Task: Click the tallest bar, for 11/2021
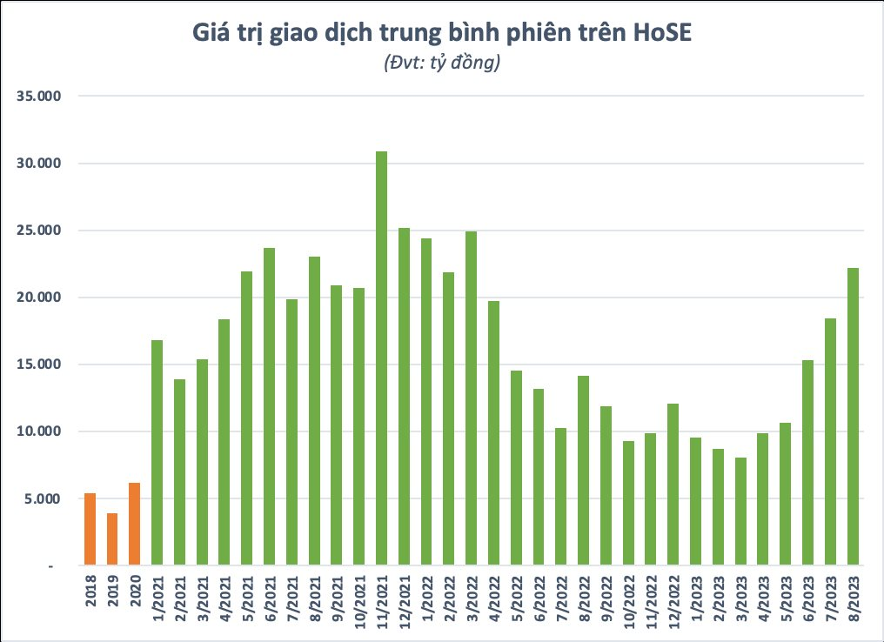(381, 358)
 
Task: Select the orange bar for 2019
(112, 539)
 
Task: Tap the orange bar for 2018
(90, 530)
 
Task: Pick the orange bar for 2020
(134, 525)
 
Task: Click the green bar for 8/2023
(852, 417)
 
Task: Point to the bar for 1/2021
(157, 452)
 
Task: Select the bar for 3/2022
(471, 398)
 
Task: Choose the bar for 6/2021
(269, 406)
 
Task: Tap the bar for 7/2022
(560, 497)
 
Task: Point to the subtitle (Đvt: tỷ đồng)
(441, 64)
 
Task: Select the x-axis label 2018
(90, 592)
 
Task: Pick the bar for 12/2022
(673, 485)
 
